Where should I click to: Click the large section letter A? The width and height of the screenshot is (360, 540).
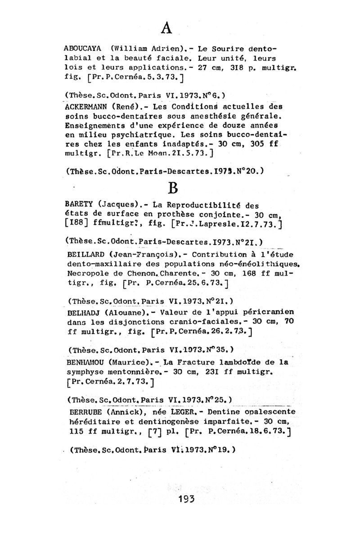166,28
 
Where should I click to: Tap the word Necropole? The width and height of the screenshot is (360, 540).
87,273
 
